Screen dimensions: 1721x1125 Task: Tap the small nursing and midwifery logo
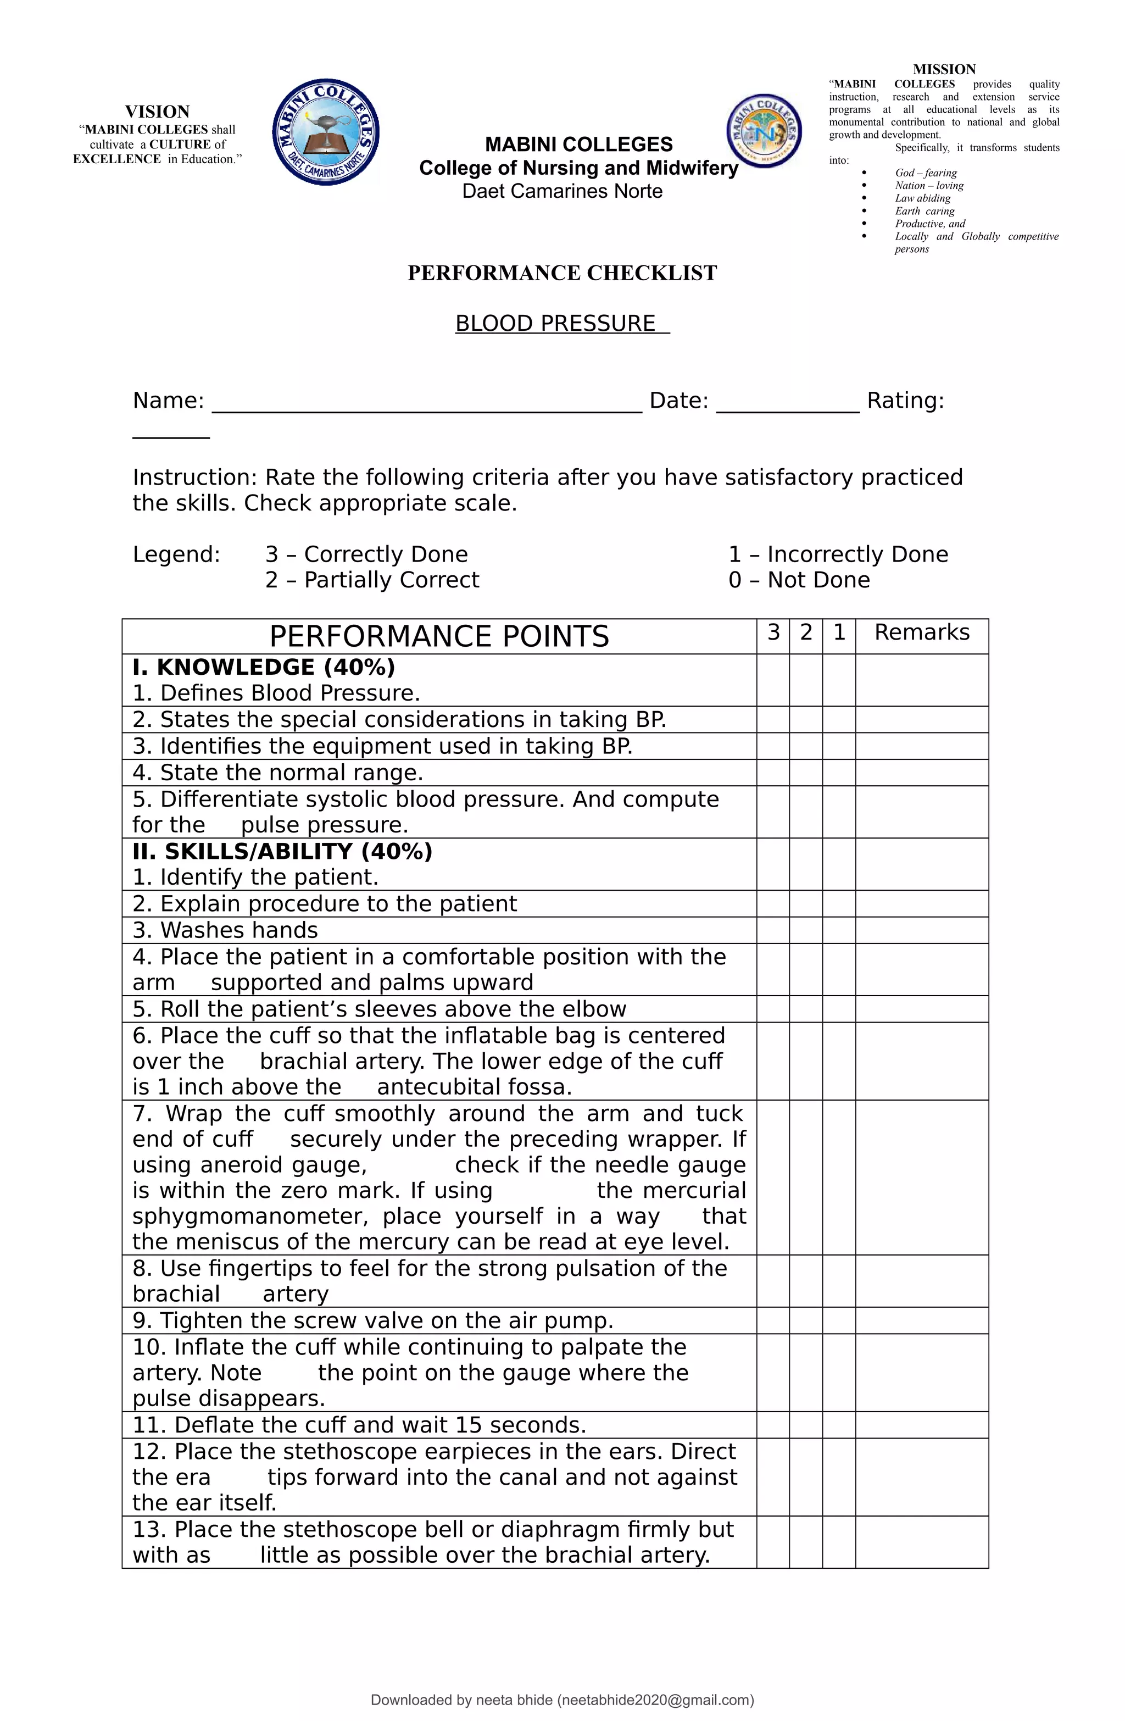click(764, 131)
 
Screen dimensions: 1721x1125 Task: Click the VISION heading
click(157, 112)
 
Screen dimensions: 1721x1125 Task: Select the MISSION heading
click(944, 69)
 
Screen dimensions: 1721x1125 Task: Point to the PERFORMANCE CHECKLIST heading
click(562, 273)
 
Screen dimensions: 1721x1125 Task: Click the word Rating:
click(905, 401)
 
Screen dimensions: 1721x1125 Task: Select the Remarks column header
click(921, 632)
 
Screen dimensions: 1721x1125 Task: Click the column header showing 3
click(773, 632)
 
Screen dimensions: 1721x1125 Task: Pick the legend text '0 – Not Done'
click(799, 580)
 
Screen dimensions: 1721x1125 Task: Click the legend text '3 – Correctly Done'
click(366, 554)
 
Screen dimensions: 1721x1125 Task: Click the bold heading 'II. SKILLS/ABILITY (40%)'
click(282, 851)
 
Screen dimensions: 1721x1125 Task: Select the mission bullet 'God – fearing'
click(926, 173)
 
